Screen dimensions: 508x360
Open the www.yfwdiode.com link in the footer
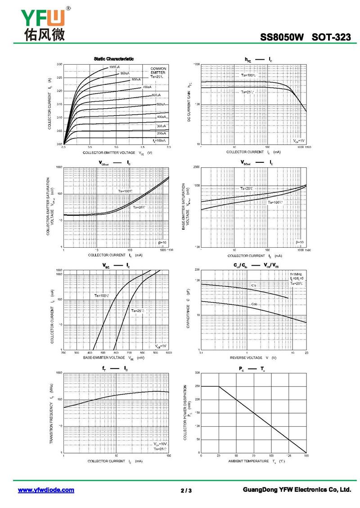point(46,490)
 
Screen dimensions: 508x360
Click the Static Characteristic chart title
point(113,59)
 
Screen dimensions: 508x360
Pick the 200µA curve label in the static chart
point(162,134)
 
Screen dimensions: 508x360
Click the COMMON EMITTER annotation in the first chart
point(158,70)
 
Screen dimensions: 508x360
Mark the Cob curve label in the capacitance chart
point(254,304)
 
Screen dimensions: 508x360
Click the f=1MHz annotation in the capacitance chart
point(296,274)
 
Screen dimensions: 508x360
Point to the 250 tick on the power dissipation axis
point(197,386)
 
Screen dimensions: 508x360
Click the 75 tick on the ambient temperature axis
point(254,456)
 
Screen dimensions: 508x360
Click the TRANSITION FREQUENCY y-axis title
point(52,414)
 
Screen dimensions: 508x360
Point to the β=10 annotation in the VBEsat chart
point(300,242)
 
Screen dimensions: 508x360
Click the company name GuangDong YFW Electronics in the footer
point(296,490)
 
